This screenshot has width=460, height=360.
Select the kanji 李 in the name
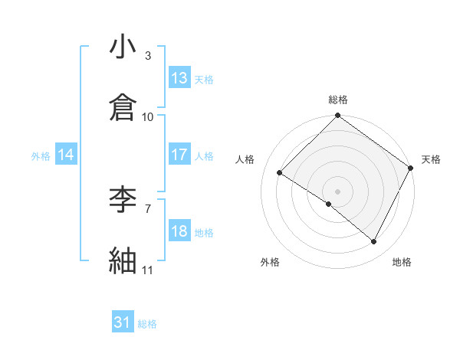123,201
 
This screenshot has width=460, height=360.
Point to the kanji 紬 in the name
123,261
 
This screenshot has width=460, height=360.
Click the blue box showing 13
179,78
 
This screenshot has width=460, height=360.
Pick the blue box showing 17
179,155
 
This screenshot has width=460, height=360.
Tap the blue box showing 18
179,231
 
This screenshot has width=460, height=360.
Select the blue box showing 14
66,155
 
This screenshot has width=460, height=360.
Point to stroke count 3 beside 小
148,55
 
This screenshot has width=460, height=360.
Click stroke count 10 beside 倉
148,116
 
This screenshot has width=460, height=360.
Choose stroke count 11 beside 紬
148,270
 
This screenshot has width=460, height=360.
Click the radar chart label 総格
338,100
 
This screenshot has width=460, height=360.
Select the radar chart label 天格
432,159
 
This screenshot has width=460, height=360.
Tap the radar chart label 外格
269,262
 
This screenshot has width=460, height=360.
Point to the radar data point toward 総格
338,116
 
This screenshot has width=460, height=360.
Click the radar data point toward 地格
374,242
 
